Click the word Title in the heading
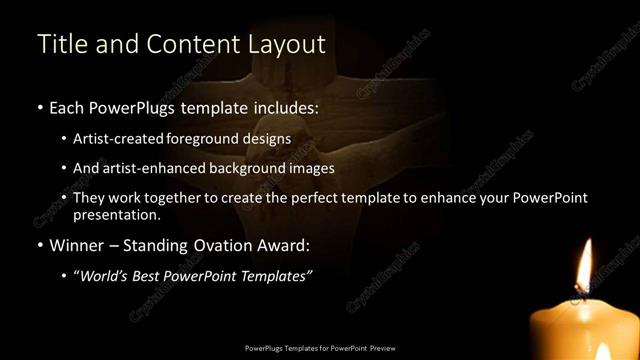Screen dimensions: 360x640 pos(60,44)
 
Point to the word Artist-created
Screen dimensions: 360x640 pos(121,138)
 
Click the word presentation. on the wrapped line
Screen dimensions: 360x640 pos(117,214)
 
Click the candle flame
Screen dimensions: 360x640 pos(584,262)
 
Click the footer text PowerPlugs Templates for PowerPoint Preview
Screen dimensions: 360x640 pos(320,347)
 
